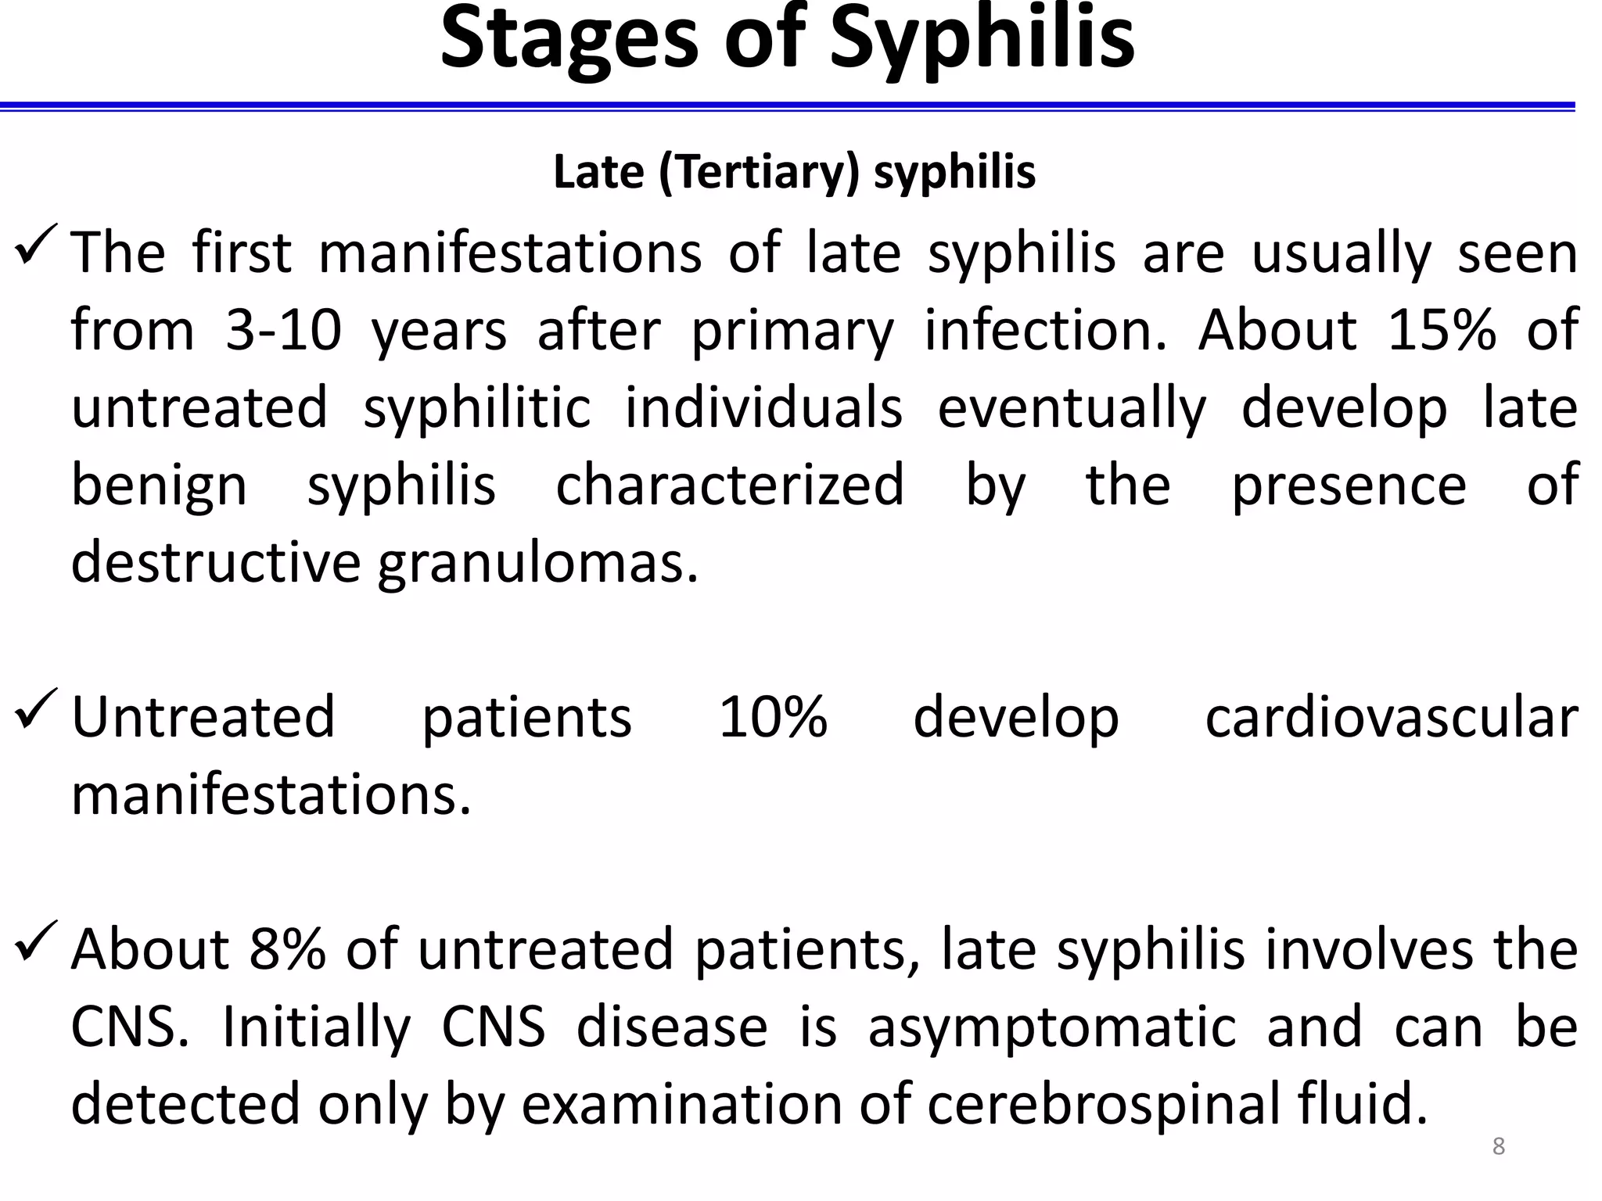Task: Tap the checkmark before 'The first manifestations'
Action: [36, 244]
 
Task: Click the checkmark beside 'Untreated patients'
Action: [36, 708]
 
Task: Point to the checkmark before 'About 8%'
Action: [36, 941]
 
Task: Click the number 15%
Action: [1441, 330]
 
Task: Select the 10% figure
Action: [773, 717]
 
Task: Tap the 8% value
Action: [287, 949]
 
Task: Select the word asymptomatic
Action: [1052, 1027]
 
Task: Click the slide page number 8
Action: [1499, 1146]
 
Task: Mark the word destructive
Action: [215, 562]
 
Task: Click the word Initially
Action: [317, 1027]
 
